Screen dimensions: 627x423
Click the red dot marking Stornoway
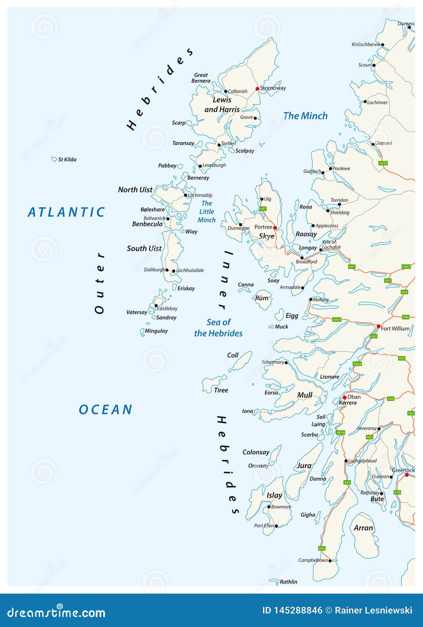coord(257,89)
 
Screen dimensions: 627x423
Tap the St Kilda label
coord(67,160)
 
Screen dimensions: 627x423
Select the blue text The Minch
coord(305,116)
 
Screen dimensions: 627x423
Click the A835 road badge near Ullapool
coord(383,163)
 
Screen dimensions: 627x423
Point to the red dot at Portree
coord(275,227)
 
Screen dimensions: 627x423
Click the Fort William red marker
coord(378,326)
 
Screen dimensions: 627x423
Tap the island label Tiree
coord(221,390)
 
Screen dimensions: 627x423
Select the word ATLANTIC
coord(66,212)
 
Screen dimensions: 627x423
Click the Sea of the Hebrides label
coord(218,328)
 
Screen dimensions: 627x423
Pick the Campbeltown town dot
coord(330,561)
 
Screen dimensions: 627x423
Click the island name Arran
coord(363,528)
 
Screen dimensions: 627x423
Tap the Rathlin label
coord(288,582)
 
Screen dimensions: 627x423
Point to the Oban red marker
coord(344,397)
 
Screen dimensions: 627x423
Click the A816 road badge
coord(340,433)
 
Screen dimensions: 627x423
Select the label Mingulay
coord(156,331)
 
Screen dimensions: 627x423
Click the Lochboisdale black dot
coord(174,271)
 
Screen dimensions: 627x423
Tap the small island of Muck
coord(271,327)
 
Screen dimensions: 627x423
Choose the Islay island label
coord(274,495)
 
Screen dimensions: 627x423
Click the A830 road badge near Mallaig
coord(337,319)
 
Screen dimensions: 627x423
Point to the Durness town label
coord(406,23)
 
